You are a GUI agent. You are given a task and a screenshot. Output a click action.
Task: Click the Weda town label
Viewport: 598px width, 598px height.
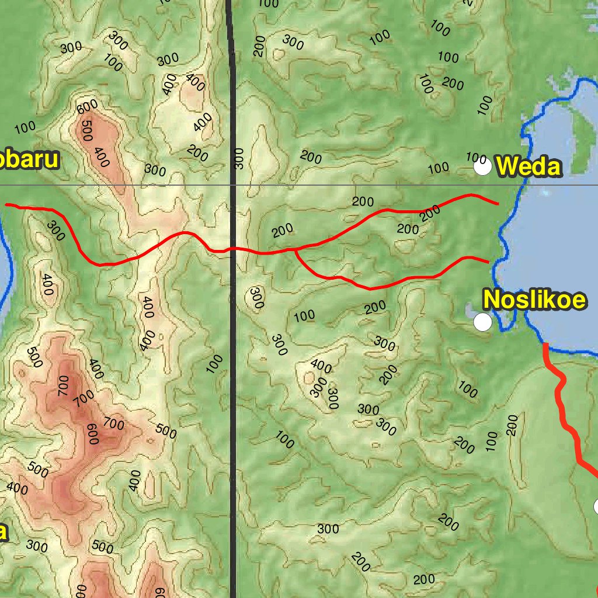click(x=529, y=168)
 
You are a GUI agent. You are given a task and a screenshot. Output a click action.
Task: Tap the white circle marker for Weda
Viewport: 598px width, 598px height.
click(x=482, y=168)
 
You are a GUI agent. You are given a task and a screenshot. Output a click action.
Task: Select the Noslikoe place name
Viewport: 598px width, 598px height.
click(x=534, y=300)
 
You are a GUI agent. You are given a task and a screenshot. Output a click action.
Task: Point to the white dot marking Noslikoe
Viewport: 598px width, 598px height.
click(x=482, y=322)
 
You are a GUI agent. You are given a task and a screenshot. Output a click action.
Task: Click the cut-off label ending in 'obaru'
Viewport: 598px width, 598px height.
click(x=29, y=159)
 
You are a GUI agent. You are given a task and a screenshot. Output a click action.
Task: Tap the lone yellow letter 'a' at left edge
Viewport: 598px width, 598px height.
click(x=4, y=532)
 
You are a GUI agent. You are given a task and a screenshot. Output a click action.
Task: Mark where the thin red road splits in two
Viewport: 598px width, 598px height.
click(x=295, y=251)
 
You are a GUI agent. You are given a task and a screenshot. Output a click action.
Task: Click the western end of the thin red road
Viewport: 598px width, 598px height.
click(x=7, y=205)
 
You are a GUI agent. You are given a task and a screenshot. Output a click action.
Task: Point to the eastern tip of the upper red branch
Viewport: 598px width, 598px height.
click(x=497, y=203)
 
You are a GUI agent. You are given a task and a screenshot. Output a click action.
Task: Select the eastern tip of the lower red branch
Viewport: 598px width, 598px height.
click(x=488, y=262)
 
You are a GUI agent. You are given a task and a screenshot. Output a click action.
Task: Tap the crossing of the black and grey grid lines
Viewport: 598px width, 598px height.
click(x=232, y=185)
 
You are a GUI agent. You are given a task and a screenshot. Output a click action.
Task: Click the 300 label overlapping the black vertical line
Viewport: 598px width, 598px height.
click(x=238, y=158)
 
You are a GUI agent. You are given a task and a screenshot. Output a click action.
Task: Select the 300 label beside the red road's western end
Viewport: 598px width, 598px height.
click(x=55, y=231)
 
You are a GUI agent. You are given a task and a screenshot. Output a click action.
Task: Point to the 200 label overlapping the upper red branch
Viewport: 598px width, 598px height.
click(x=430, y=213)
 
